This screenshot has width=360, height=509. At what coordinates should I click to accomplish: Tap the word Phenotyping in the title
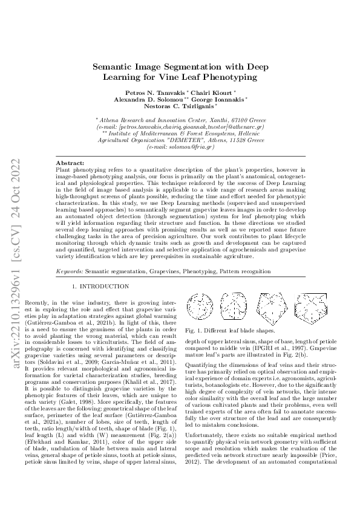pos(232,77)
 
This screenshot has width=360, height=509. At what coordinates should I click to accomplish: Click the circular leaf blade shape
pos(201,306)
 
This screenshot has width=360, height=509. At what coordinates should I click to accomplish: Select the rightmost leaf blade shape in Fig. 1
pos(324,306)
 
